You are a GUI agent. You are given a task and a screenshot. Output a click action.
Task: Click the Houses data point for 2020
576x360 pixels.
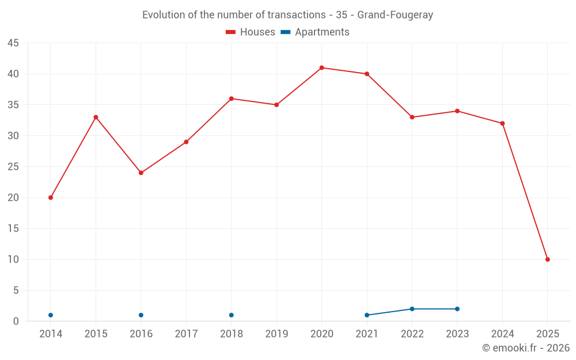tap(321, 68)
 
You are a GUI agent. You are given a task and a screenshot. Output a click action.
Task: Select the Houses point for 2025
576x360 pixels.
tap(547, 259)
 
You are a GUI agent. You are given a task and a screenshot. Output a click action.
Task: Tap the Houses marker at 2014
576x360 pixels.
tap(51, 198)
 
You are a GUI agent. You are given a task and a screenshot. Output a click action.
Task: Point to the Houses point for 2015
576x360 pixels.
tap(96, 118)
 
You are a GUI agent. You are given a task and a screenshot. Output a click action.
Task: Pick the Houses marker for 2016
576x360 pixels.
tap(141, 173)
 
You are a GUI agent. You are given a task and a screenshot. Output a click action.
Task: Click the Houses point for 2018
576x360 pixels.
tap(231, 98)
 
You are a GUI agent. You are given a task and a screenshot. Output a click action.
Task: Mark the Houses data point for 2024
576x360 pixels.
tap(502, 123)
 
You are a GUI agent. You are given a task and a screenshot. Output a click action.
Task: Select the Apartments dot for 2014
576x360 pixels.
tap(51, 315)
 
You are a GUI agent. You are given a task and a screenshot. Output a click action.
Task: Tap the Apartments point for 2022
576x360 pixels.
tap(412, 309)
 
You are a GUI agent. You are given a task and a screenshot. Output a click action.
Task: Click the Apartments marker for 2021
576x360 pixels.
tap(367, 315)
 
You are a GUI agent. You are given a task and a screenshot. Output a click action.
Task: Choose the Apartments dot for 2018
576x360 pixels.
tap(231, 315)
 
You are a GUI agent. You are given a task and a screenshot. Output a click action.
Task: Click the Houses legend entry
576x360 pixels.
tap(251, 32)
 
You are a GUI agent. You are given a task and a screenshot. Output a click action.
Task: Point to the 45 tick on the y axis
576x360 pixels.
tap(13, 43)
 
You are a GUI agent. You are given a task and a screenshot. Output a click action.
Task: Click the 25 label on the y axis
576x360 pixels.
tap(13, 167)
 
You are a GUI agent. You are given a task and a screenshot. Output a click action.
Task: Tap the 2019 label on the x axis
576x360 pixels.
tap(276, 334)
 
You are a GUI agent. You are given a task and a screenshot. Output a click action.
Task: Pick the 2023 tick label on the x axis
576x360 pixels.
tap(457, 334)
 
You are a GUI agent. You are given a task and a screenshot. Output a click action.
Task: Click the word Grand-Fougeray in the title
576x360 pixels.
tap(395, 15)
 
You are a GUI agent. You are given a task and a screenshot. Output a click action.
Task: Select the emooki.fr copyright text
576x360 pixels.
tap(526, 348)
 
